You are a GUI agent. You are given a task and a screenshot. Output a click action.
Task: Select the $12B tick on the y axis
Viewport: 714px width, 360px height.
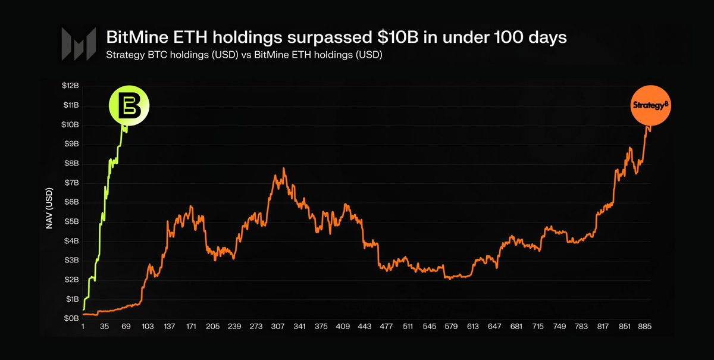pos(70,86)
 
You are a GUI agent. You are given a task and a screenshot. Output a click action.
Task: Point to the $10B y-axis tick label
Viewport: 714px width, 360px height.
pos(70,125)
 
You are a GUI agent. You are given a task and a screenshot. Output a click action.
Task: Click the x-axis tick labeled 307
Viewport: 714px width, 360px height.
pos(276,327)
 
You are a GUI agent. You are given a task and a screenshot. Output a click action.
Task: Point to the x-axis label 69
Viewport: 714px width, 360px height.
pos(126,327)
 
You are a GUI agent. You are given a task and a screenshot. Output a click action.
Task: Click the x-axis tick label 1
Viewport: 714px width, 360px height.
pos(83,327)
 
